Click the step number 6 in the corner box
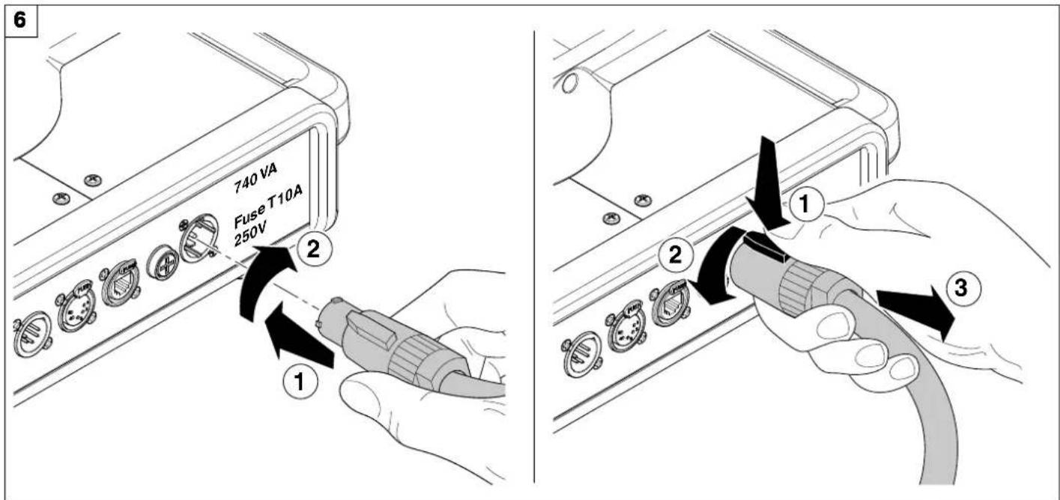[20, 20]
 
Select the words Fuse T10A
[268, 207]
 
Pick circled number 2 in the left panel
[314, 249]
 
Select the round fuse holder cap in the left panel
[163, 264]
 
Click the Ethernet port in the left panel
[118, 284]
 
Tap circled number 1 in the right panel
[806, 204]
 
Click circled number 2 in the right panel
[675, 254]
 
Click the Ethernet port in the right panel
[670, 302]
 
